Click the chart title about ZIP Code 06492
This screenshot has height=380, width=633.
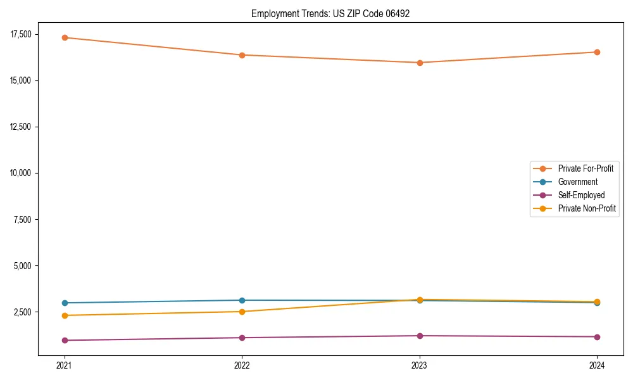330,13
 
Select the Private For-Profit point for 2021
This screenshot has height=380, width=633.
65,37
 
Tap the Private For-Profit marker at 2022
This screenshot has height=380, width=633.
242,55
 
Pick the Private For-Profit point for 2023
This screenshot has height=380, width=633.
420,63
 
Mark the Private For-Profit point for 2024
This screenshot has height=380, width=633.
597,52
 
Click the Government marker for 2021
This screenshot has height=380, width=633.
65,303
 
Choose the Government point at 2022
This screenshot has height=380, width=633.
242,300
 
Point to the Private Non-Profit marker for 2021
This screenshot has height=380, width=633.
65,315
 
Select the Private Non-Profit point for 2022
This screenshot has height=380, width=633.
242,312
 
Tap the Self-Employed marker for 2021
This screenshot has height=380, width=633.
65,340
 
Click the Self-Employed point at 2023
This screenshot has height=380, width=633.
420,336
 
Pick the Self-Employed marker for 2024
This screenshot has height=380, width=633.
597,337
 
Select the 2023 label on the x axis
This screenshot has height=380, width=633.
420,365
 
